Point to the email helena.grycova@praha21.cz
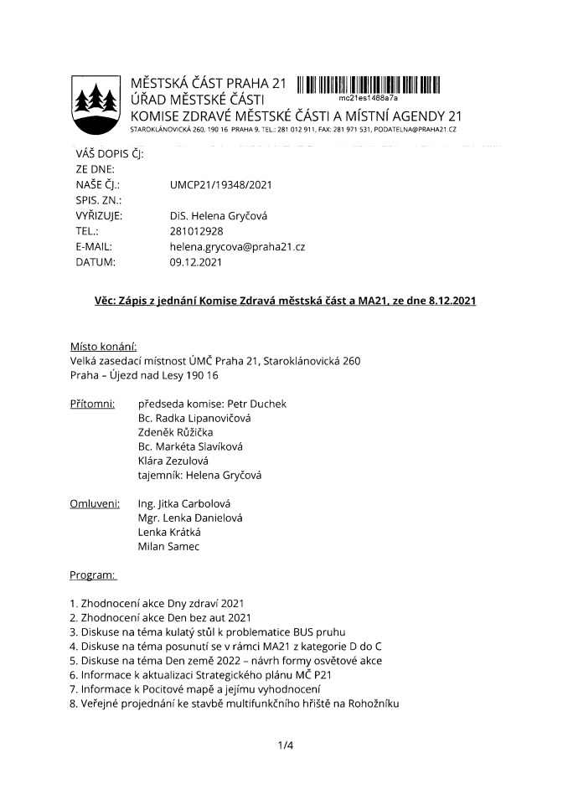pos(237,246)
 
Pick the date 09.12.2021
pos(195,262)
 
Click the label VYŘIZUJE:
pos(99,216)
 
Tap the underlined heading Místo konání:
pos(104,346)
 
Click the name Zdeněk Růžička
pos(174,432)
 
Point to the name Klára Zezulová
pos(173,461)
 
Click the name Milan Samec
pos(169,547)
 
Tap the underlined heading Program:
pos(94,576)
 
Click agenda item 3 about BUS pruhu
pos(208,631)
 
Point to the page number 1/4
pos(286,744)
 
